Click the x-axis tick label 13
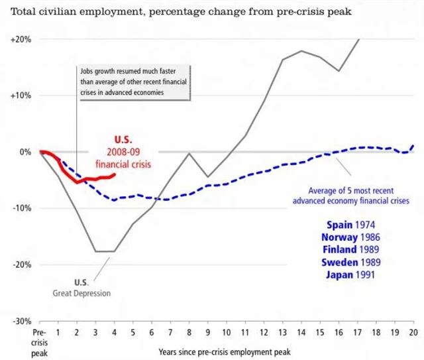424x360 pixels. pos(283,332)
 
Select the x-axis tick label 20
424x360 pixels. pos(413,332)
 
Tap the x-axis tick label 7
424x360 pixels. pos(171,332)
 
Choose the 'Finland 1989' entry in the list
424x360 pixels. pos(350,249)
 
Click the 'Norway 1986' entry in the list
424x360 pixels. pos(350,237)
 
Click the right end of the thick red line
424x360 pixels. pos(115,175)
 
